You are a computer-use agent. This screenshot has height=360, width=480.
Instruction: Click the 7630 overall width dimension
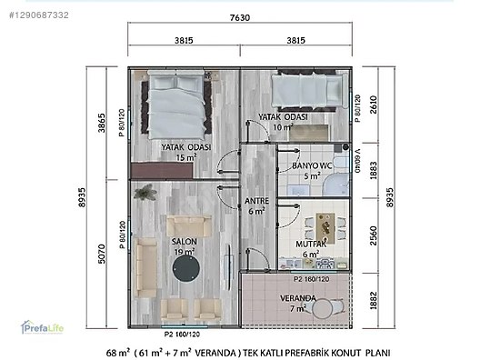pyautogui.click(x=239, y=17)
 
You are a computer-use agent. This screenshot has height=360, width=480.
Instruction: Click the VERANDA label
pyautogui.click(x=297, y=297)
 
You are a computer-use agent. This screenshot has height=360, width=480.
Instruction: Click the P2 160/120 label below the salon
pyautogui.click(x=182, y=333)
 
